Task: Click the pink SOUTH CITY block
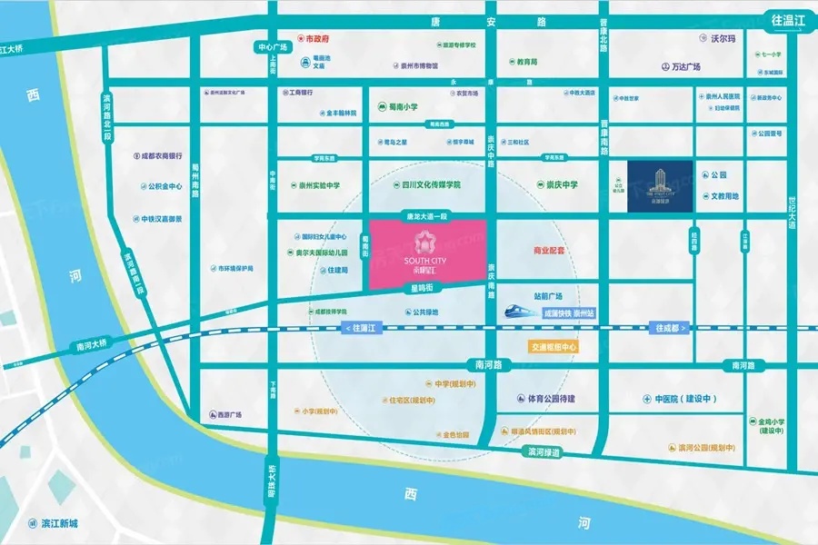click(426, 253)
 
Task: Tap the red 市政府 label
click(315, 40)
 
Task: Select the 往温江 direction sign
click(788, 19)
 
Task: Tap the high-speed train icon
click(522, 311)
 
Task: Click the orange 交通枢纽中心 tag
click(552, 346)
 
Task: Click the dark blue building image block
click(659, 187)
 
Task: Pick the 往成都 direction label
click(672, 327)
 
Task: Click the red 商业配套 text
click(549, 249)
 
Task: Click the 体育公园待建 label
click(547, 398)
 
